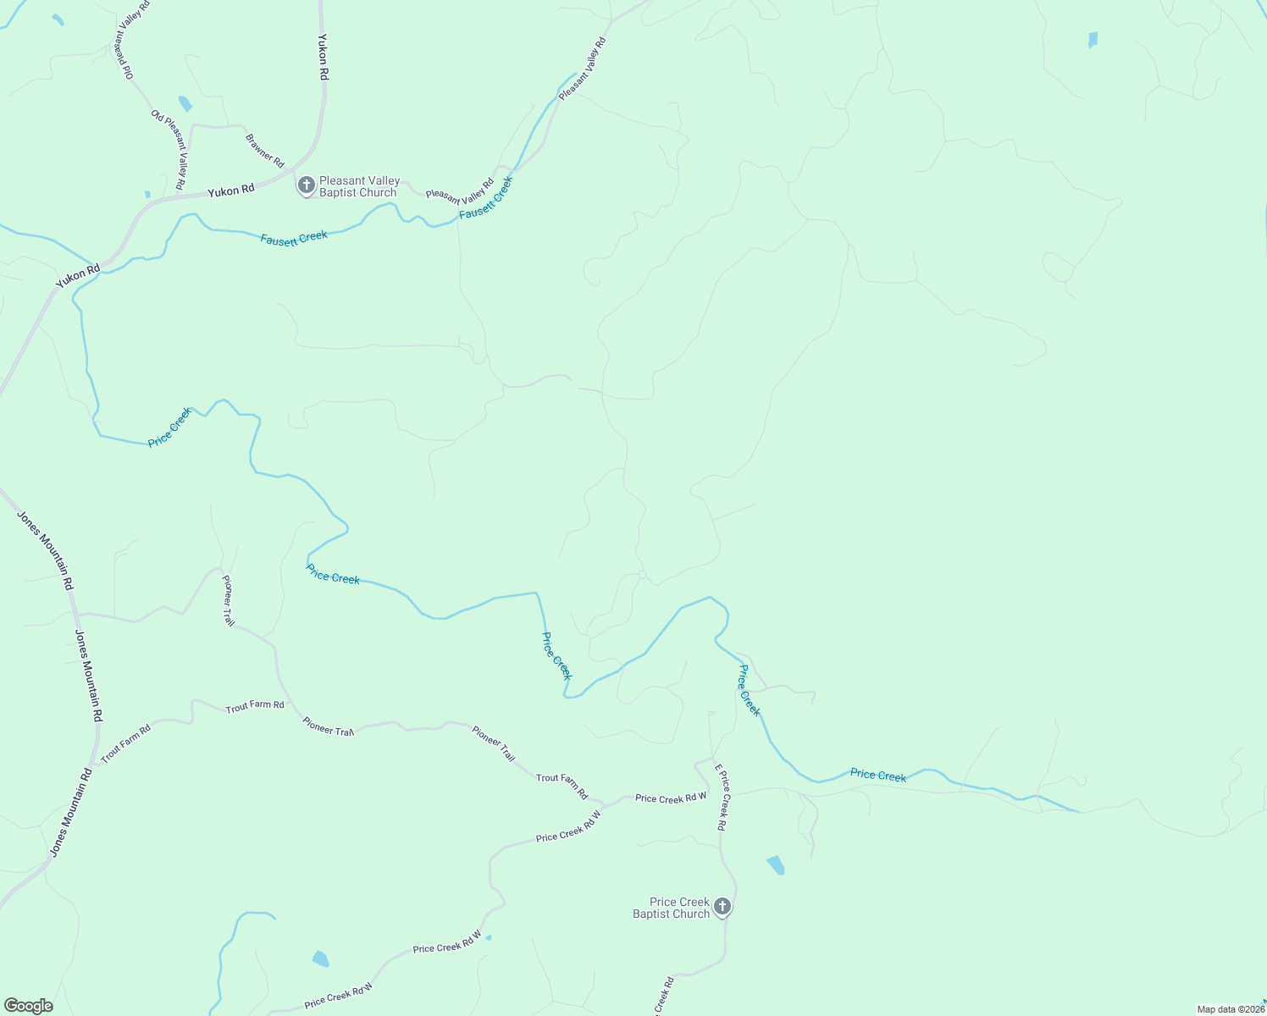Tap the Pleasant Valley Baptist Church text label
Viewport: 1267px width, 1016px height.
pos(358,187)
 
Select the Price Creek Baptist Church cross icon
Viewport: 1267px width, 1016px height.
pos(722,907)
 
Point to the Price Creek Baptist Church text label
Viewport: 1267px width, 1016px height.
pos(672,908)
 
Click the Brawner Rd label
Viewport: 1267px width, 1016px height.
pos(265,151)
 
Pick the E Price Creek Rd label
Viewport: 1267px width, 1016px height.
pos(721,797)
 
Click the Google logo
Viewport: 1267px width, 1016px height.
pos(29,1006)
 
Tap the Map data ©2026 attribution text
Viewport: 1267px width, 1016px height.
pos(1231,1009)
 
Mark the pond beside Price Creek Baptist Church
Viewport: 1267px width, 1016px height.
pos(775,865)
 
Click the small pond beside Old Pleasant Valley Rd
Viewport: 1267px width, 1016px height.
pos(185,104)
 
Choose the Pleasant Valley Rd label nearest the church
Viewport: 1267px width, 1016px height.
pos(460,191)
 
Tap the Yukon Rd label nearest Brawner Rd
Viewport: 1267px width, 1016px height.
pos(230,191)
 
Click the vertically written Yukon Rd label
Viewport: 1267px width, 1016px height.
pos(323,57)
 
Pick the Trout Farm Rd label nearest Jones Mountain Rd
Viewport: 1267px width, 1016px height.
pos(125,743)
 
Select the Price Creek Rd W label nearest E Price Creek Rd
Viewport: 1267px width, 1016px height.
pos(671,798)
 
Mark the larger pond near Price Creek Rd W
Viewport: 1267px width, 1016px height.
pos(320,959)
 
